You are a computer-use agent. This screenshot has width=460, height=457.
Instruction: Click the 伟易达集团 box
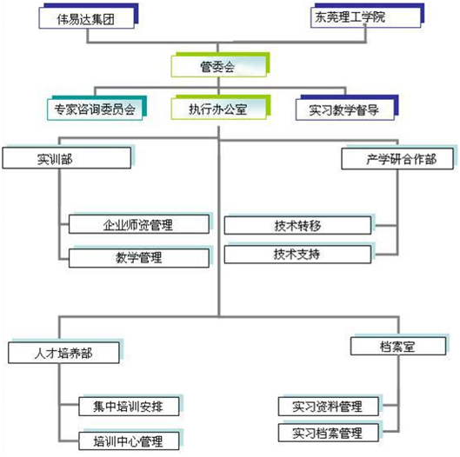point(87,18)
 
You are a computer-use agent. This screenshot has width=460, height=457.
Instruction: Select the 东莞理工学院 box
point(366,17)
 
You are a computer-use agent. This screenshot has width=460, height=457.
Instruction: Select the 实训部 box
point(67,158)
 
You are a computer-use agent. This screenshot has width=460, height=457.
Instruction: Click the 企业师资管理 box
point(139,224)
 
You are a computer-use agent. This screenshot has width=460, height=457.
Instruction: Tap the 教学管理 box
point(139,258)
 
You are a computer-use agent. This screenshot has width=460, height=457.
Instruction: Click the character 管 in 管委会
point(206,67)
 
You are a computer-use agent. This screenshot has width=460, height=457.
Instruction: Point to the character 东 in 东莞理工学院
point(321,17)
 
